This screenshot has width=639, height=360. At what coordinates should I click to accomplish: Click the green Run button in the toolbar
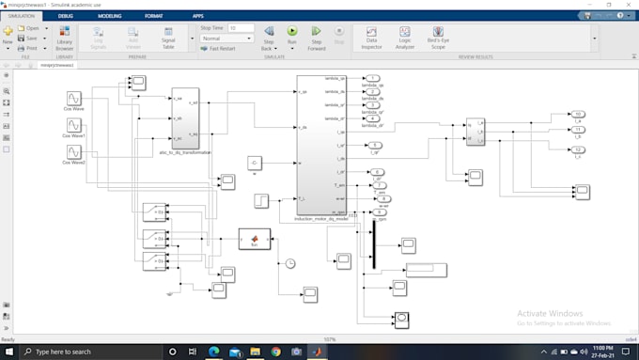[291, 32]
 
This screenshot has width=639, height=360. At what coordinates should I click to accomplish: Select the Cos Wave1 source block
[73, 124]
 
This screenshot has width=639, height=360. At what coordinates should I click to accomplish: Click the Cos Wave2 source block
[73, 149]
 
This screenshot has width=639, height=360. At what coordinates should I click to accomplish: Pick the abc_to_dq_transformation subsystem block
[185, 118]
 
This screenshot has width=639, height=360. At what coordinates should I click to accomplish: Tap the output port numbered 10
[579, 114]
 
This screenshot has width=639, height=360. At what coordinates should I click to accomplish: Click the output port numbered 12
[579, 149]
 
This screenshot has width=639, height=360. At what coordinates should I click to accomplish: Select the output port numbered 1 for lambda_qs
[373, 78]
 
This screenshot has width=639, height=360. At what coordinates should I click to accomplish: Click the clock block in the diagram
[290, 263]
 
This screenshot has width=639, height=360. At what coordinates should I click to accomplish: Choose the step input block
[262, 199]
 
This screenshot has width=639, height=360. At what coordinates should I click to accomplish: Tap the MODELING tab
[109, 16]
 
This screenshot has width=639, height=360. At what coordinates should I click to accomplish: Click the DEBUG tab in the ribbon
[66, 16]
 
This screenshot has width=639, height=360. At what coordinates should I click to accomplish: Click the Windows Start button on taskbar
[9, 352]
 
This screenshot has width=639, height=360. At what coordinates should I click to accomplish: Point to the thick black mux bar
[373, 245]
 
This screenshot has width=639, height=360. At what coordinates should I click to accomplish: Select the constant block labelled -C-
[254, 164]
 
